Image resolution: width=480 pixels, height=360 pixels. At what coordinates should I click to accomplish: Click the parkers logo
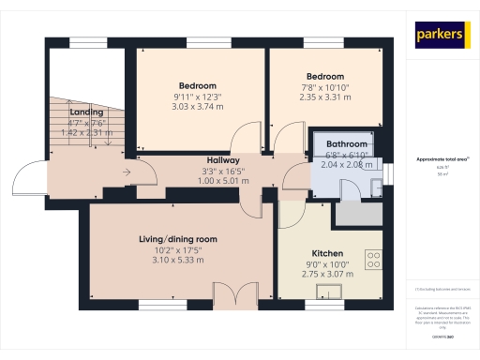tap(441, 35)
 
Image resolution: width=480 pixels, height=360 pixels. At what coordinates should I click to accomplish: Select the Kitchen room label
tap(326, 254)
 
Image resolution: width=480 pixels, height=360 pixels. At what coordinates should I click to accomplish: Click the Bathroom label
tap(346, 144)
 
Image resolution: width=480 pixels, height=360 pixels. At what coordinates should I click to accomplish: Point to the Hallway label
tap(224, 161)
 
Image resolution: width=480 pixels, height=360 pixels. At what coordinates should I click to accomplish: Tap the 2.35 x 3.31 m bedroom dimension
tap(325, 97)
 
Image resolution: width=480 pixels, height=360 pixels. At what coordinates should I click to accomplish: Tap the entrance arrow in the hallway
tap(127, 172)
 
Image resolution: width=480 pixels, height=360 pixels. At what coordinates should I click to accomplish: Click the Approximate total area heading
tap(441, 159)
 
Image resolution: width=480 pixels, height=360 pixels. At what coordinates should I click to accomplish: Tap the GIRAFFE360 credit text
tap(441, 335)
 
